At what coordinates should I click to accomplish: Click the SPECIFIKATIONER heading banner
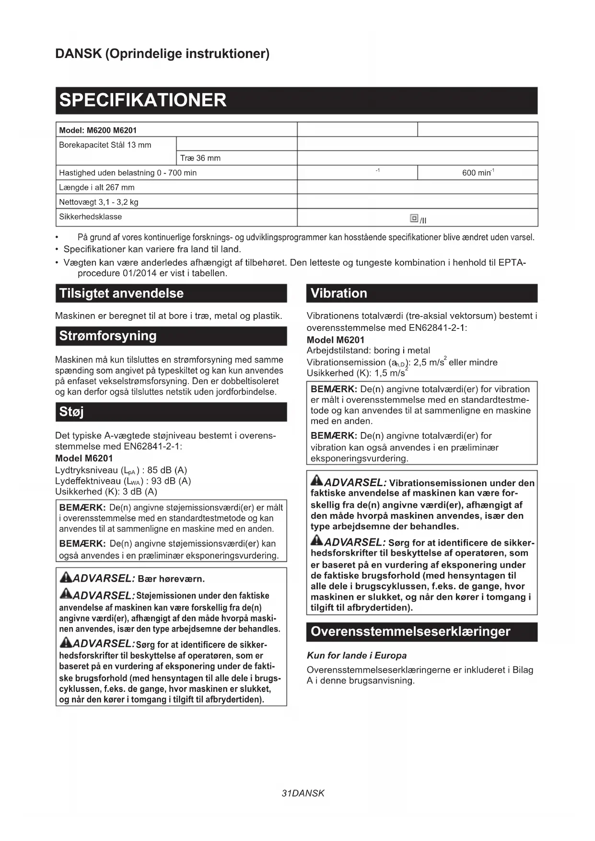[296, 100]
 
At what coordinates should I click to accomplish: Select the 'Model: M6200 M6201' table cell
[98, 130]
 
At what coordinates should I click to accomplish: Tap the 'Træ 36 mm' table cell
[200, 158]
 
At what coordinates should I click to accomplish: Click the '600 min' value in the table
[478, 173]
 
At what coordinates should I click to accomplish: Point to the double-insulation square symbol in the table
[414, 218]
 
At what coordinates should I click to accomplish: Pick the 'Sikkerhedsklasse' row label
[91, 217]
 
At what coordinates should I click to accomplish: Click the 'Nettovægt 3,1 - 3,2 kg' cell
[99, 202]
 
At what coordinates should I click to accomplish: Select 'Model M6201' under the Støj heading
[84, 458]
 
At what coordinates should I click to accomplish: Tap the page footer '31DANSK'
[303, 793]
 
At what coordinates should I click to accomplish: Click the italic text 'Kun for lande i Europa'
[357, 655]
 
